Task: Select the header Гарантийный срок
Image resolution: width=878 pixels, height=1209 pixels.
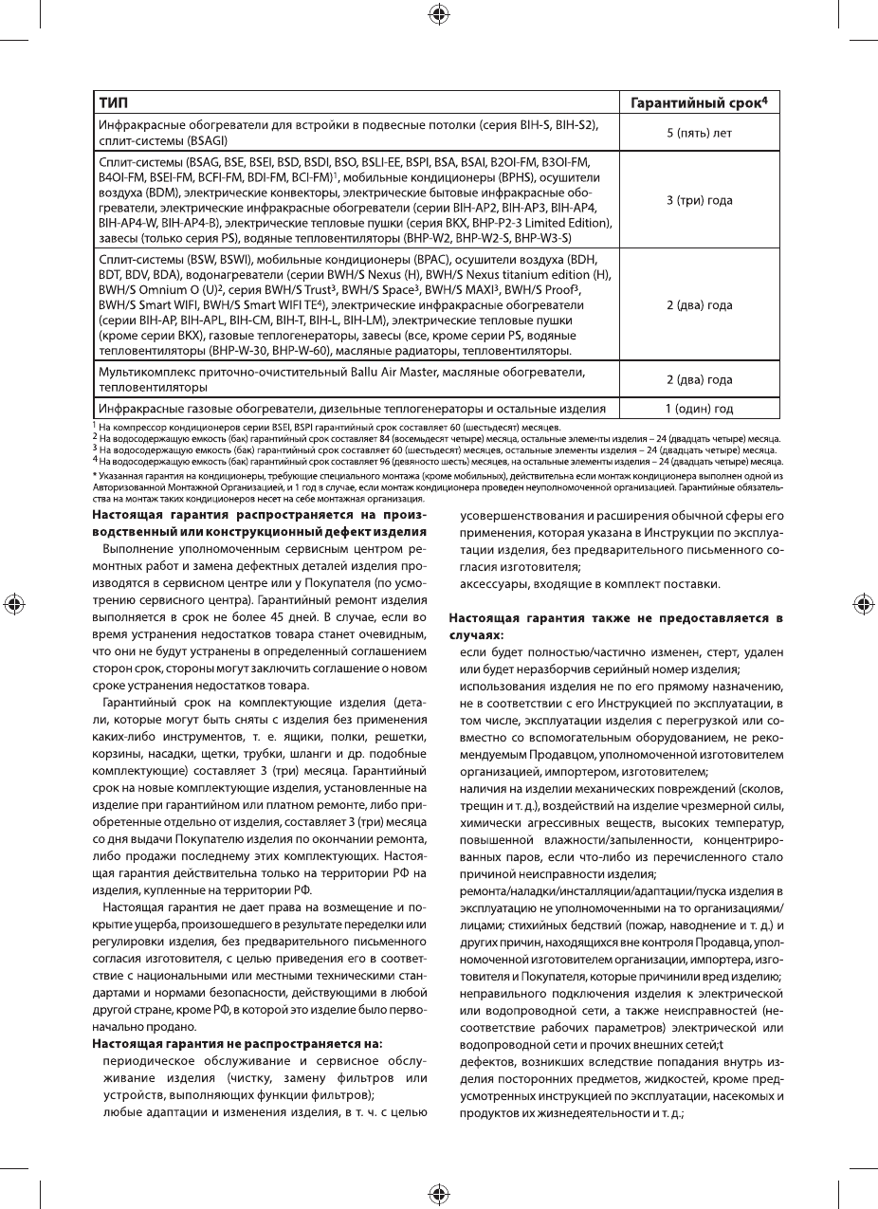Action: [699, 101]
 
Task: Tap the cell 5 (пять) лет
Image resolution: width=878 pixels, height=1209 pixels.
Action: [699, 133]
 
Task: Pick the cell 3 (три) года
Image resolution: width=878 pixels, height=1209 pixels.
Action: [699, 200]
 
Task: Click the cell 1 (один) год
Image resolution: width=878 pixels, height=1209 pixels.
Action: [699, 409]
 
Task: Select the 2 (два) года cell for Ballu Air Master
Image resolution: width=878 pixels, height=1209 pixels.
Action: [699, 379]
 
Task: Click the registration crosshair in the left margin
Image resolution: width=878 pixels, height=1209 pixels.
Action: [13, 604]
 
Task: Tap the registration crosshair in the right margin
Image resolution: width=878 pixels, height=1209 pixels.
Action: [863, 604]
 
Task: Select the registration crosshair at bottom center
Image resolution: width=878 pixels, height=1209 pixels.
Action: [439, 1193]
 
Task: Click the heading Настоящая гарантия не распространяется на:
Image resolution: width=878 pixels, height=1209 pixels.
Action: [237, 1043]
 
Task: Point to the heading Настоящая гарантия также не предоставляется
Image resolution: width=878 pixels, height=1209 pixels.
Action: [615, 618]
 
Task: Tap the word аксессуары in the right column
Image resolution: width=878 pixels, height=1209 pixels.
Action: [496, 582]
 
